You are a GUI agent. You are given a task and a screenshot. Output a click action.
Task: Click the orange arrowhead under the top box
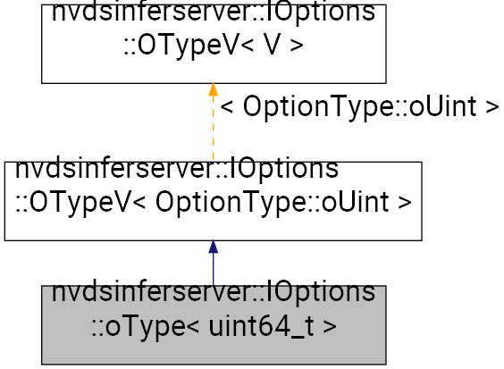coord(213,89)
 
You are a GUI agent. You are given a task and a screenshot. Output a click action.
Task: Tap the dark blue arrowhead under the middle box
coord(213,247)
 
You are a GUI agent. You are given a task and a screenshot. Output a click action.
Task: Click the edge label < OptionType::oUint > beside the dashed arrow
coord(359,107)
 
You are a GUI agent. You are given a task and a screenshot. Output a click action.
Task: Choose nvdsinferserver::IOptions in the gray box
coord(213,292)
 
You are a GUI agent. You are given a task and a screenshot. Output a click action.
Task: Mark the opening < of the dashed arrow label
coord(227,107)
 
